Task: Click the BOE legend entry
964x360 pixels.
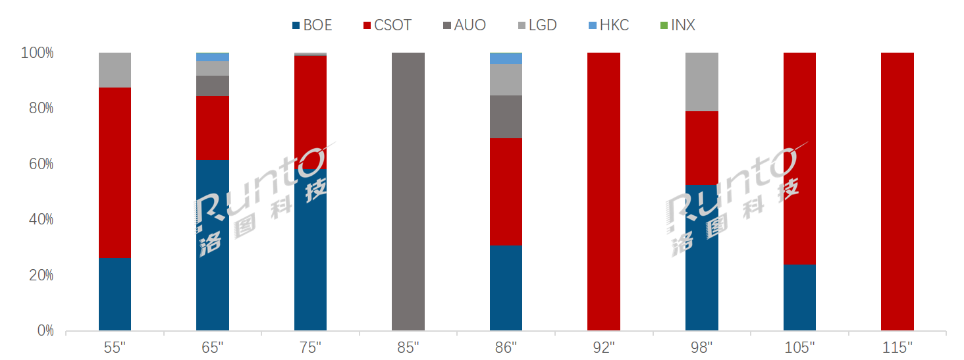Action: point(312,26)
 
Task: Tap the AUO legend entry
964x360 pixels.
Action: point(464,26)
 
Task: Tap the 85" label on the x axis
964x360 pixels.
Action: point(408,347)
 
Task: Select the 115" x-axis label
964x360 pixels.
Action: point(897,347)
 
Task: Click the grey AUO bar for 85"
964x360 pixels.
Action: point(408,191)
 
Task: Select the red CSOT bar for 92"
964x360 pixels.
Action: point(604,191)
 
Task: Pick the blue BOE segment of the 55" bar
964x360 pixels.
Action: point(115,294)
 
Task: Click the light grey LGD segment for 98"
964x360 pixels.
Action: point(701,82)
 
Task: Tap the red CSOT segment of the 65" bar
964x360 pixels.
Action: point(213,128)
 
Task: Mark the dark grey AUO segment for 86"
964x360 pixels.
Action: point(506,116)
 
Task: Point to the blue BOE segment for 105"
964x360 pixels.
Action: point(799,297)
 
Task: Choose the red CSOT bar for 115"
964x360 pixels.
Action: point(897,191)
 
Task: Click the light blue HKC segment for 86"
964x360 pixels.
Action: point(506,59)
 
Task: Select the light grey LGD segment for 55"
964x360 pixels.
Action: point(115,70)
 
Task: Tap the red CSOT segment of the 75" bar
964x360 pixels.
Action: point(310,113)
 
